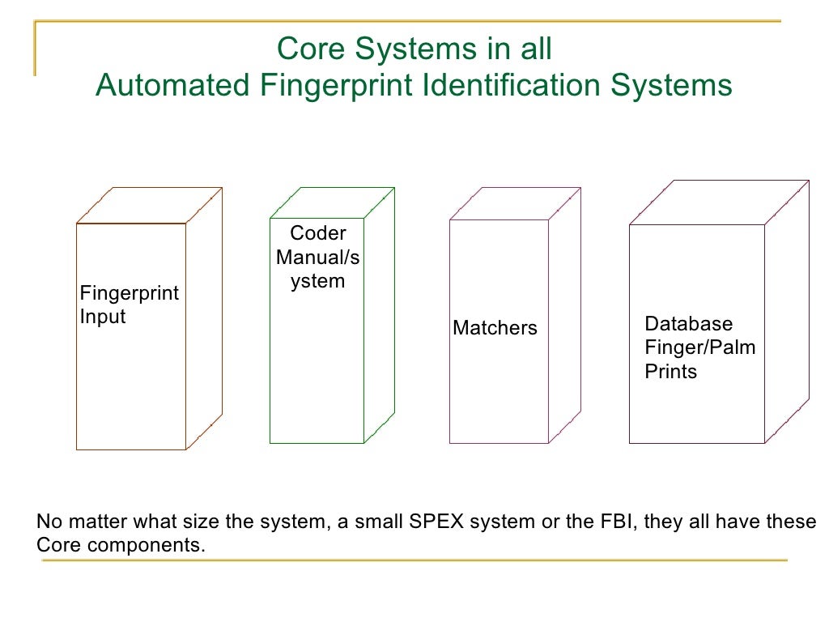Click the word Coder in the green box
coord(317,233)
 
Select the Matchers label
coord(495,328)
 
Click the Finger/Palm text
coord(699,347)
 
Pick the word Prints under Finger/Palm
coord(670,372)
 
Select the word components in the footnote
coord(144,545)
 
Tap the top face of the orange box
coord(149,206)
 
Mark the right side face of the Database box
coord(786,312)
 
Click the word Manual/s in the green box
coord(317,258)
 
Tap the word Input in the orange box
coord(103,317)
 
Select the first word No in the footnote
coord(48,522)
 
